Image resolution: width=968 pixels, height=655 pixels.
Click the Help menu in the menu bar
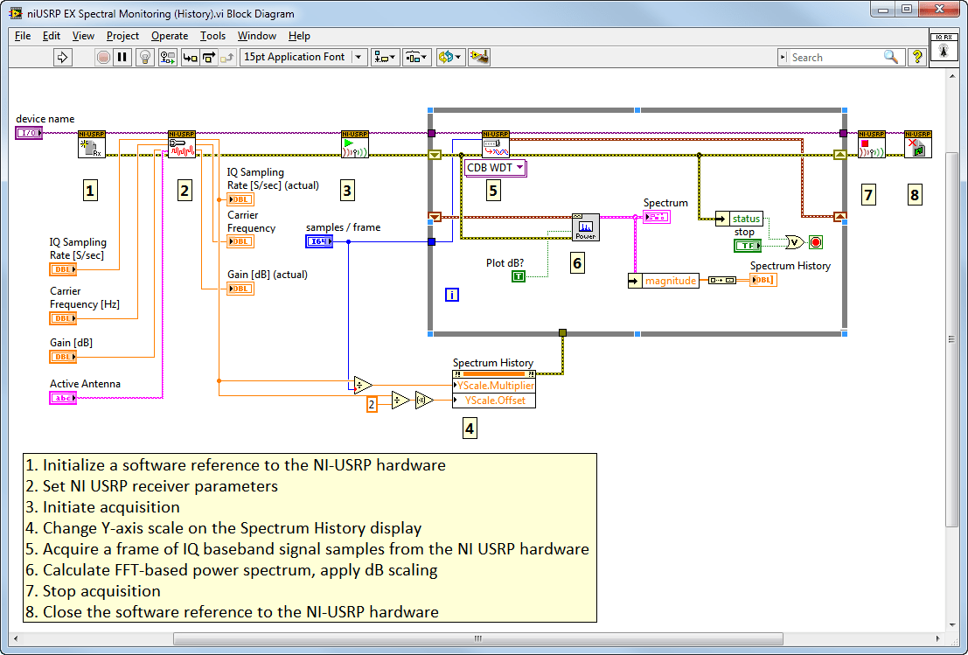click(299, 36)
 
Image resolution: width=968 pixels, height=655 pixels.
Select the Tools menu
click(212, 36)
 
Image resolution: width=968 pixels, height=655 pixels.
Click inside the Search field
click(834, 57)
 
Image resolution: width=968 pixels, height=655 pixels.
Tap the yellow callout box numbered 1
click(89, 190)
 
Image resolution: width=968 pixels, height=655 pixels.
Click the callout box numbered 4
click(470, 428)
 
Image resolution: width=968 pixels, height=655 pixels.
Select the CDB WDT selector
click(495, 167)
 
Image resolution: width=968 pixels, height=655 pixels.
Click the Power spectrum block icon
click(585, 227)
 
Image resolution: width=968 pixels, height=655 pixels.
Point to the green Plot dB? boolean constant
click(519, 276)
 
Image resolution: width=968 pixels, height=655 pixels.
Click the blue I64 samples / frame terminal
click(319, 241)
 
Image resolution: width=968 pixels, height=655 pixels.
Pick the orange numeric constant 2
click(372, 404)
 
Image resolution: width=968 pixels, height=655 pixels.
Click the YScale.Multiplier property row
click(494, 385)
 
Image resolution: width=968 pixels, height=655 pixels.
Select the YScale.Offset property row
click(494, 400)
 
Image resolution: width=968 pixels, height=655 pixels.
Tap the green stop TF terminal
click(748, 246)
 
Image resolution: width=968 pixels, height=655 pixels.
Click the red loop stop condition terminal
click(816, 242)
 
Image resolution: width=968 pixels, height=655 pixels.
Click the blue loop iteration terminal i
click(452, 295)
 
